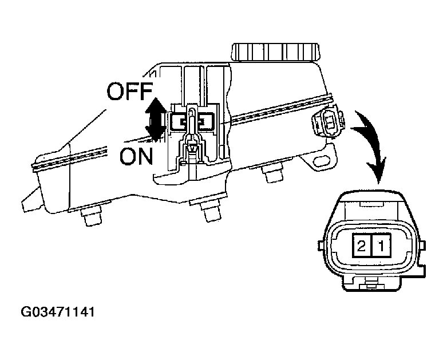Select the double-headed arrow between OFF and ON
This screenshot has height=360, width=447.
click(x=155, y=120)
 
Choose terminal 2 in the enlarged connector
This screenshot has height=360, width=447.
click(x=362, y=247)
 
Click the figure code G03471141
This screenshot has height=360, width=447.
click(x=58, y=313)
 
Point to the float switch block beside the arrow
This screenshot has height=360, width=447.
click(x=193, y=121)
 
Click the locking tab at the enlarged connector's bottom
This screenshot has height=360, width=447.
click(x=370, y=282)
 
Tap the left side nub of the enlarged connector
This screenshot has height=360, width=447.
click(x=321, y=245)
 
